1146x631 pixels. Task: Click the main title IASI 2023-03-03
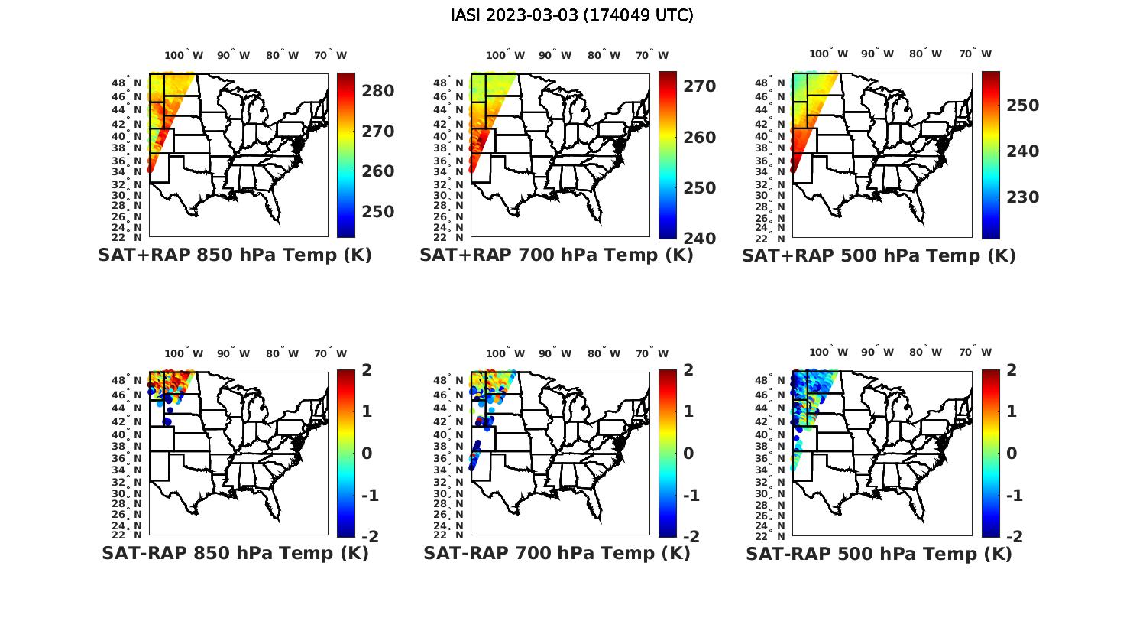[572, 15]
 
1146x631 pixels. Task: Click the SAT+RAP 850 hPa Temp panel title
[235, 255]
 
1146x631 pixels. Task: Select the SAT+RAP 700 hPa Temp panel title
[556, 255]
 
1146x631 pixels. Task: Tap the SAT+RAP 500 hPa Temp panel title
[879, 255]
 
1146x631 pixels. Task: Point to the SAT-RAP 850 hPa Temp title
[235, 553]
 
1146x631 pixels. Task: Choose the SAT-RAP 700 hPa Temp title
[557, 553]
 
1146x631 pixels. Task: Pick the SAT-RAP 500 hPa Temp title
[879, 553]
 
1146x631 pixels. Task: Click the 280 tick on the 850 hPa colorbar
[378, 91]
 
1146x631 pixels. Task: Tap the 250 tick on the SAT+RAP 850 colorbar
[378, 211]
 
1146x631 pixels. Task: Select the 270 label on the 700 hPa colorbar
[700, 86]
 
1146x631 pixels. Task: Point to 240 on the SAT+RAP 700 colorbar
[700, 238]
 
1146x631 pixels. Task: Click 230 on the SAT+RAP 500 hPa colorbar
[1022, 197]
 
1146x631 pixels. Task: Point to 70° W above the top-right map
[975, 54]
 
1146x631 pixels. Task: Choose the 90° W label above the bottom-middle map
[555, 353]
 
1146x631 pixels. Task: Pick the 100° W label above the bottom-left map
[184, 353]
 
